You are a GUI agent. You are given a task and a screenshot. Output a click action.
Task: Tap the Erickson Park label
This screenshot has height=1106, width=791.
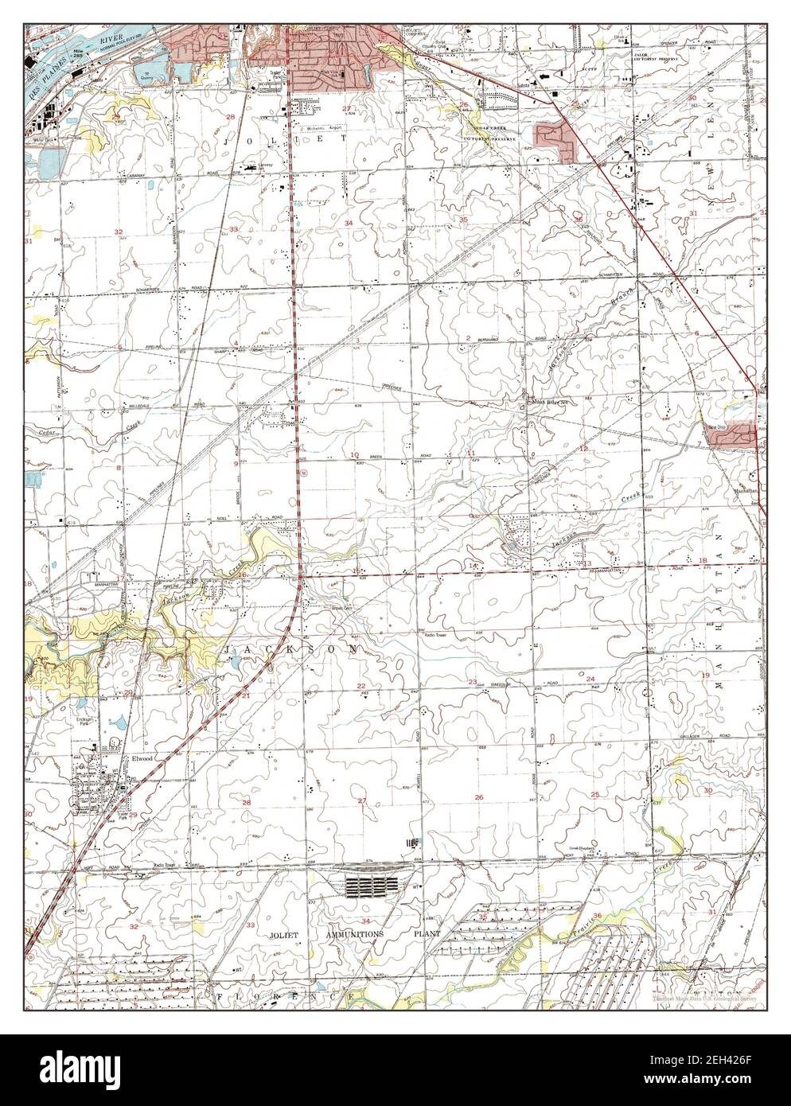(86, 723)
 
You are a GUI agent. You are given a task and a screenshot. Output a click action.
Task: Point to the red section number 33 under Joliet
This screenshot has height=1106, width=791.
(233, 229)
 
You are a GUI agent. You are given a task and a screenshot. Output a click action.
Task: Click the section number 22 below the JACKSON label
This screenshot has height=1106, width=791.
(361, 686)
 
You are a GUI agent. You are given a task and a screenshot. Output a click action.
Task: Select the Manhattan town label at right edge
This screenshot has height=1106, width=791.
(746, 493)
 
